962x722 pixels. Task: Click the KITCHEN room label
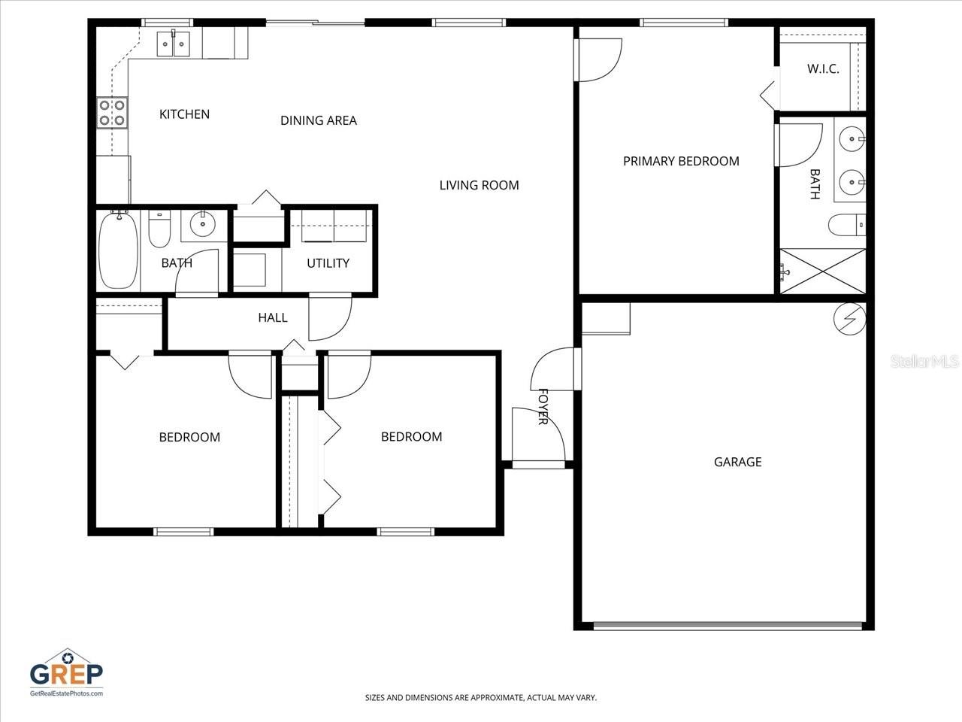pos(184,114)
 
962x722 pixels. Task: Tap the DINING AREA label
pos(318,120)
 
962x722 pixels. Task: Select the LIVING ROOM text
pos(479,185)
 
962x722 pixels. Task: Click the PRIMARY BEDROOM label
pos(681,161)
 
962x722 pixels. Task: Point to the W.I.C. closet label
pos(823,69)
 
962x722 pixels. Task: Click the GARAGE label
pos(737,462)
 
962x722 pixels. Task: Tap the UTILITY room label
pos(328,263)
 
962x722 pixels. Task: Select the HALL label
pos(272,317)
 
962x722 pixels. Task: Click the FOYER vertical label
pos(543,407)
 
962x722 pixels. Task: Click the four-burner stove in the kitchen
pos(112,113)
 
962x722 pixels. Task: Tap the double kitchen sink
pos(174,44)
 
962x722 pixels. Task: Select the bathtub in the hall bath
pos(118,250)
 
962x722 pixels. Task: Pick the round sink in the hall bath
pos(201,223)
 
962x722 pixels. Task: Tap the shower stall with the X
pos(823,271)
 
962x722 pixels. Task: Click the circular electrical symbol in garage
pos(849,320)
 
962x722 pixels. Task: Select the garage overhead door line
pos(728,625)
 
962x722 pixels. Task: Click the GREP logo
pos(66,672)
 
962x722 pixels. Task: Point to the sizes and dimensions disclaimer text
pos(480,698)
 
